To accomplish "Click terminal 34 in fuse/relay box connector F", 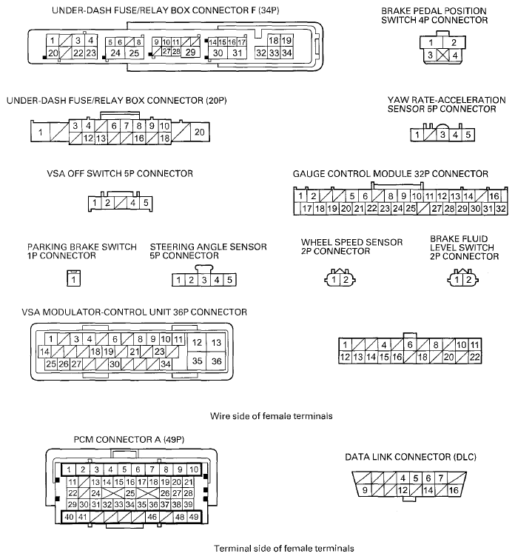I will [x=287, y=53].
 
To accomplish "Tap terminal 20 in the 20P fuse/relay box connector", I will [x=198, y=132].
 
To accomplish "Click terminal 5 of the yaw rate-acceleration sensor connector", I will [x=468, y=135].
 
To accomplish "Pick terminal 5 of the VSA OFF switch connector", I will [x=147, y=202].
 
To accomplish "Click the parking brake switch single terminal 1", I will [x=74, y=280].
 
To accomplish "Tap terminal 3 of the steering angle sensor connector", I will [x=203, y=280].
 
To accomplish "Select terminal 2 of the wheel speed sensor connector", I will [x=345, y=280].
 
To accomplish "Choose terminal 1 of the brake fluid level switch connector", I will [x=459, y=280].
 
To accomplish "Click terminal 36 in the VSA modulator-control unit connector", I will [x=217, y=361].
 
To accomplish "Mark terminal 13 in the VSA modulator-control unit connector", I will [x=217, y=343].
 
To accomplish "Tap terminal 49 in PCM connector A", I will [x=194, y=517].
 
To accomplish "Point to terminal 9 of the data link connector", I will [x=364, y=490].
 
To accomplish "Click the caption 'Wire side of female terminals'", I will [x=270, y=416].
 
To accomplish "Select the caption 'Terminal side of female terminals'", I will [x=274, y=549].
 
